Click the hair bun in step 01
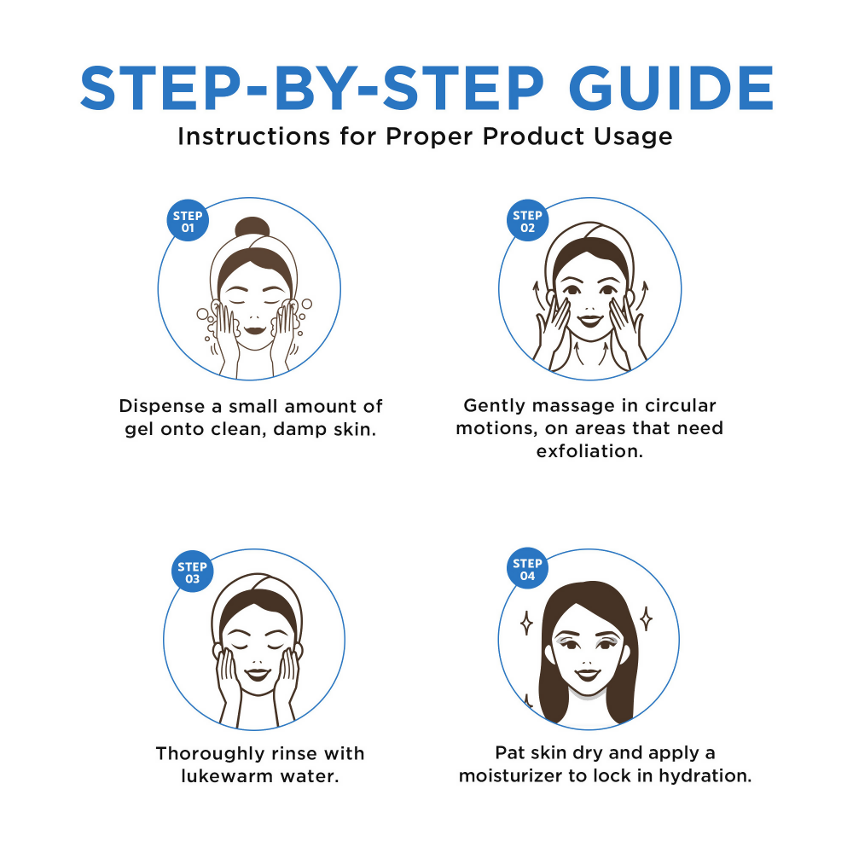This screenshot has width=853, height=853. point(249,229)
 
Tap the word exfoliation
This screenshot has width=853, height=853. point(589,451)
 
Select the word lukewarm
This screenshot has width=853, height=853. point(225,777)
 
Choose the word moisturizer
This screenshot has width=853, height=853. point(515,777)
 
